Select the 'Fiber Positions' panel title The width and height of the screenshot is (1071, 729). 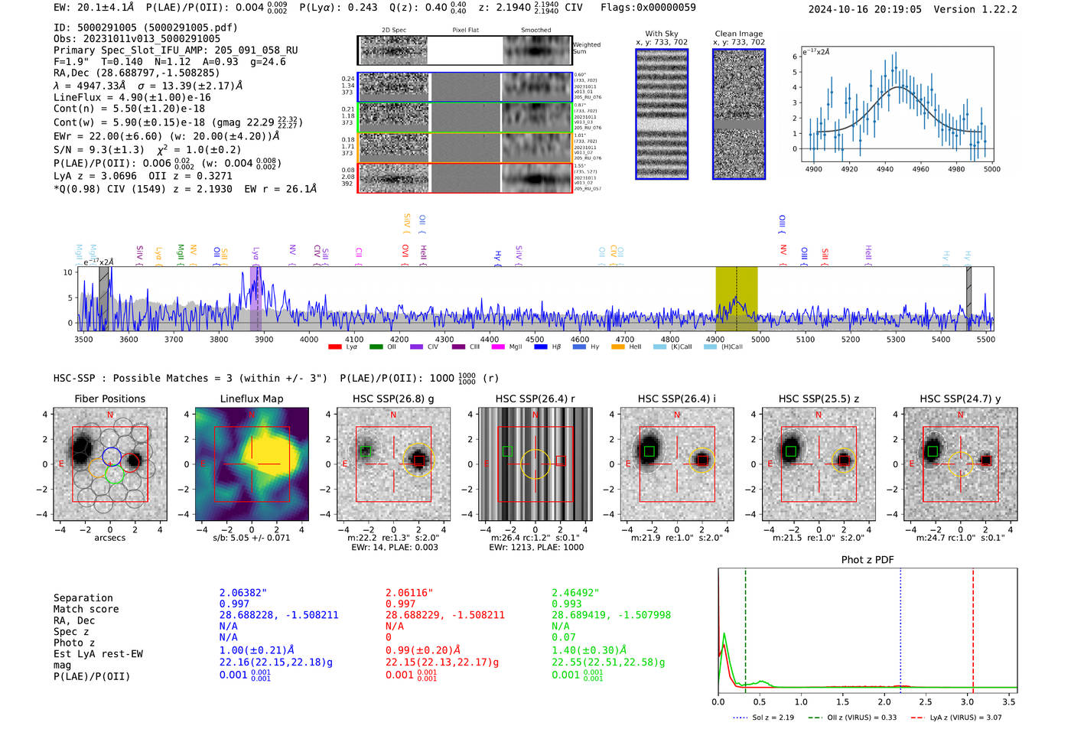pyautogui.click(x=109, y=399)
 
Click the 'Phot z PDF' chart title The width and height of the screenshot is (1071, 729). pyautogui.click(x=867, y=559)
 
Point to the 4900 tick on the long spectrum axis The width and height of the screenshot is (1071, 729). pyautogui.click(x=715, y=339)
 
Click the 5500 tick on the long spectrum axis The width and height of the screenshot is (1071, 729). pyautogui.click(x=985, y=339)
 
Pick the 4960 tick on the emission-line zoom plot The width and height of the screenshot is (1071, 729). pyautogui.click(x=920, y=169)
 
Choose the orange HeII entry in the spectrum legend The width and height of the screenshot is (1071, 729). pyautogui.click(x=627, y=347)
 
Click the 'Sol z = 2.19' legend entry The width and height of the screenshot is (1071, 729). pyautogui.click(x=765, y=718)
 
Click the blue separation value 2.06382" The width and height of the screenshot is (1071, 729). pyautogui.click(x=243, y=593)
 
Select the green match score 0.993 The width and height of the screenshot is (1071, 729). pyautogui.click(x=566, y=604)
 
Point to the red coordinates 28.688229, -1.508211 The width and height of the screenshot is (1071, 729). pyautogui.click(x=444, y=615)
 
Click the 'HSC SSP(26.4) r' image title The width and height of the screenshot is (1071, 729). pyautogui.click(x=535, y=399)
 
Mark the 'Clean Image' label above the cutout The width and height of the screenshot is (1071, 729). pyautogui.click(x=738, y=34)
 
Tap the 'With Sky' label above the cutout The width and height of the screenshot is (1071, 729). pyautogui.click(x=661, y=34)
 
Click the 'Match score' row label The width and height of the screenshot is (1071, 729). pyautogui.click(x=86, y=609)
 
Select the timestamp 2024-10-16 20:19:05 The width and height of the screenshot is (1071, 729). pyautogui.click(x=864, y=9)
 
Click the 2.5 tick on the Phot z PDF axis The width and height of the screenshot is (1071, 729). pyautogui.click(x=926, y=701)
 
